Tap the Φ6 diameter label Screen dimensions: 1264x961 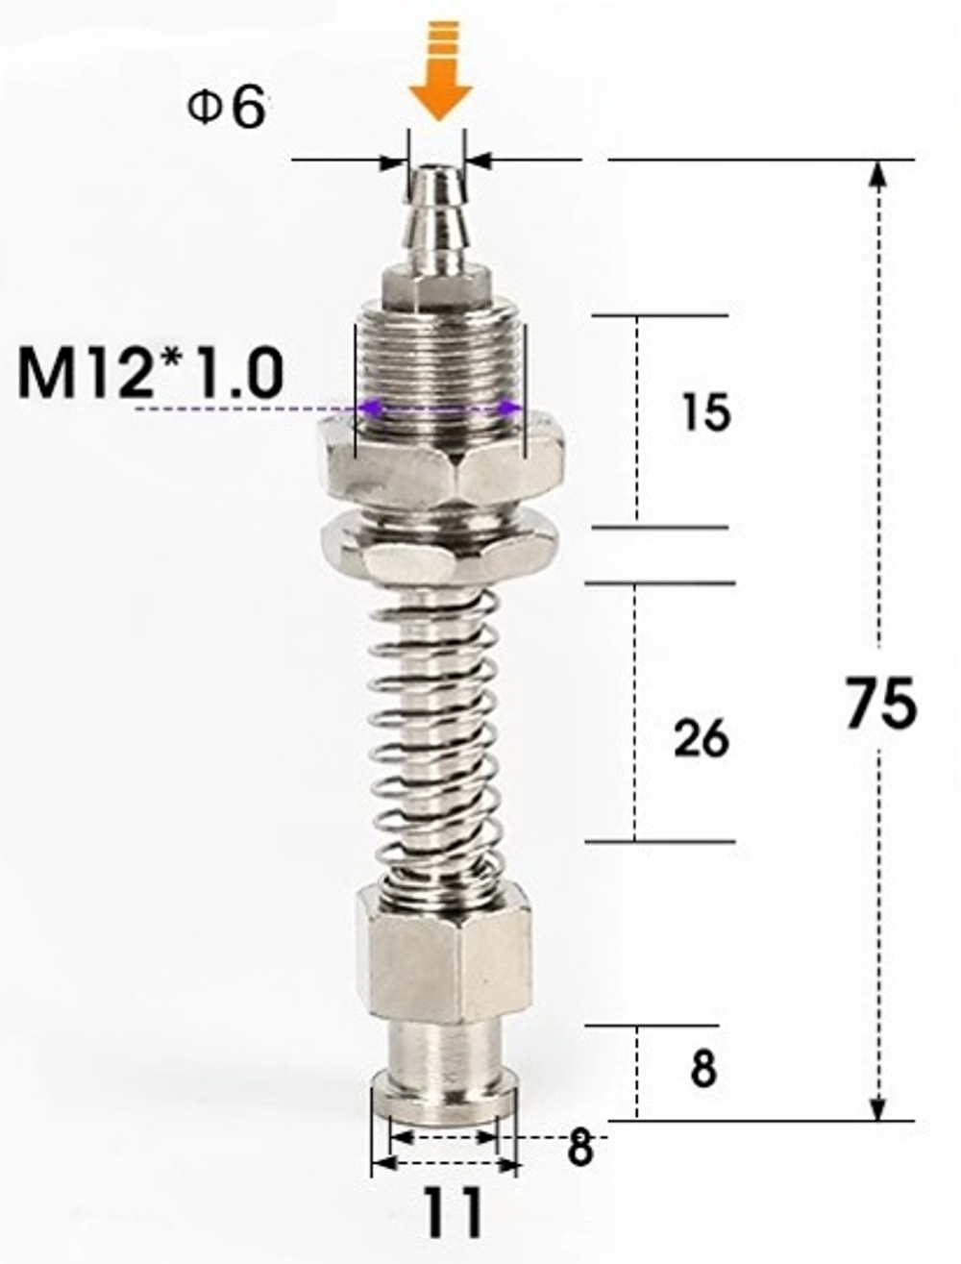click(x=226, y=108)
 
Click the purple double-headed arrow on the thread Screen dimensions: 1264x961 click(x=439, y=410)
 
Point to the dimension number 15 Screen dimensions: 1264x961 click(x=706, y=413)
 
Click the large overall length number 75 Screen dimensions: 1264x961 click(x=881, y=705)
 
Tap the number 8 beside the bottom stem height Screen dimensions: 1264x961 click(x=703, y=1069)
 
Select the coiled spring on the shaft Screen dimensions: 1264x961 click(x=437, y=731)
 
